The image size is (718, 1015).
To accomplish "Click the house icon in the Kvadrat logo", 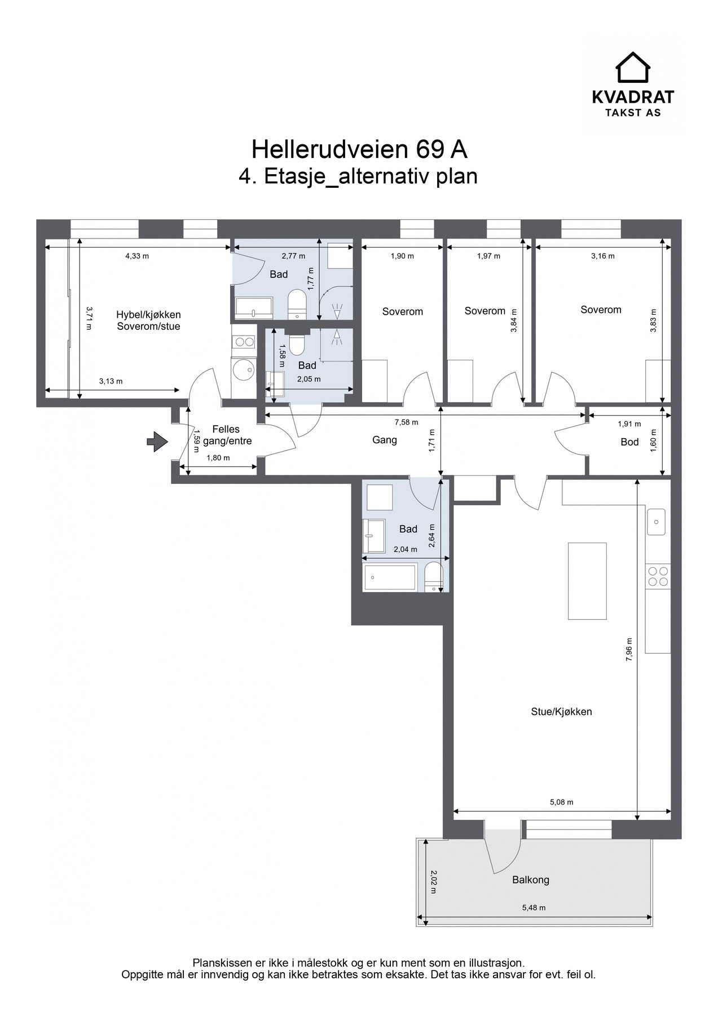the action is click(x=632, y=67).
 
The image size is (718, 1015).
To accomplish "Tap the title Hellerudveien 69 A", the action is click(x=359, y=149).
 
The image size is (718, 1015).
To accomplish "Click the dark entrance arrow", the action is click(x=157, y=442).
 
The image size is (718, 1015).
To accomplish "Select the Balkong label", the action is click(x=531, y=880).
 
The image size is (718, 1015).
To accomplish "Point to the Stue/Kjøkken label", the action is click(x=561, y=712).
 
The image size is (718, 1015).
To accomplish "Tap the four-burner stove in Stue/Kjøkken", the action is click(x=658, y=576).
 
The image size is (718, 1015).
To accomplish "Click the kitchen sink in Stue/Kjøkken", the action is click(x=656, y=522).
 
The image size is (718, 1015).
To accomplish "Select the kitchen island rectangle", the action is click(x=587, y=581).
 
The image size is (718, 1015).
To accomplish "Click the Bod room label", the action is click(x=629, y=442).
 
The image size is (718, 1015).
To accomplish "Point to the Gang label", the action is click(x=385, y=440).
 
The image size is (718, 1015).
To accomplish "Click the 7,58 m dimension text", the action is click(x=407, y=422).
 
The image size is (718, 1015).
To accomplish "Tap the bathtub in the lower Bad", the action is click(x=390, y=576).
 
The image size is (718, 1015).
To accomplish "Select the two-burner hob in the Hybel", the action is click(x=244, y=342).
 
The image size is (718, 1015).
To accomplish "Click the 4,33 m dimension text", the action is click(x=137, y=256).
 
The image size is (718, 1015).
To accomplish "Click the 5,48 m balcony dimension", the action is click(x=534, y=908).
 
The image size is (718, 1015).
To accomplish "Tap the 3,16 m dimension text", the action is click(x=603, y=256).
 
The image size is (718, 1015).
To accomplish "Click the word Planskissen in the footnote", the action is click(x=222, y=963).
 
